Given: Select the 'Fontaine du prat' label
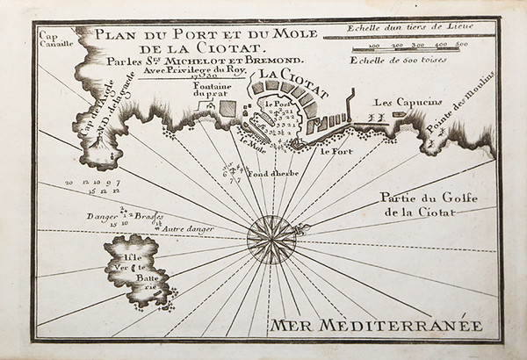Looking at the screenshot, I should click(x=212, y=92).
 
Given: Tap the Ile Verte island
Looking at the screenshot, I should click(x=130, y=270).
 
